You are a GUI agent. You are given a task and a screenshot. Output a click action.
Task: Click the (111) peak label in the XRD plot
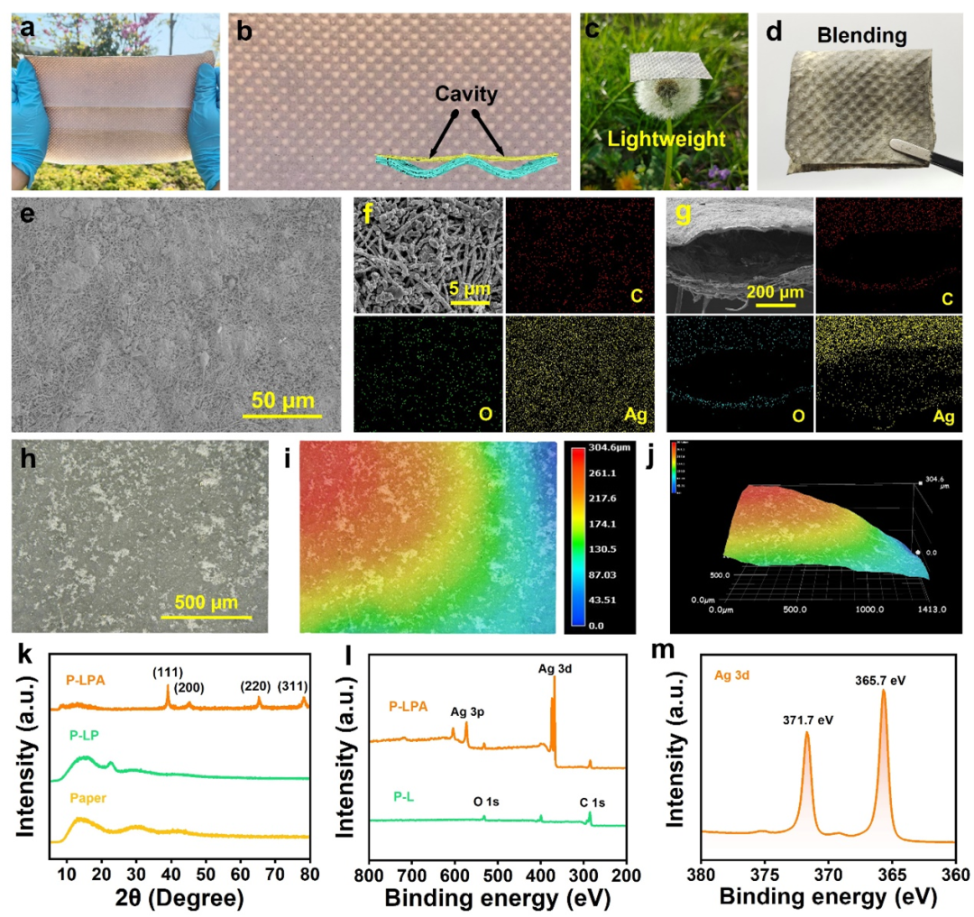click(167, 672)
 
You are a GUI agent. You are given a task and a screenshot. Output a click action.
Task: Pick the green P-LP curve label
click(87, 735)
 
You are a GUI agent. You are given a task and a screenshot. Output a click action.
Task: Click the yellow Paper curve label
click(90, 797)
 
